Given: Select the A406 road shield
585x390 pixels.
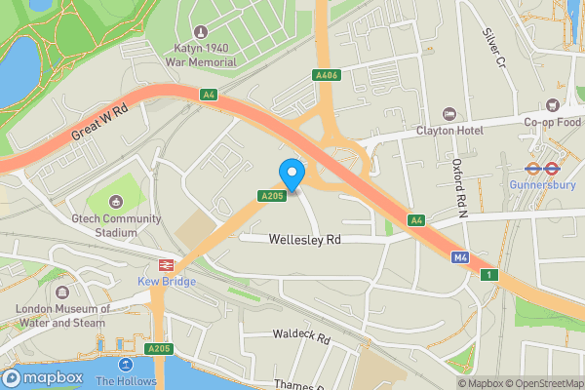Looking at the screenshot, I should coord(326,75).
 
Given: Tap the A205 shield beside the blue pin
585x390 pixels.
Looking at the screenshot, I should coord(271,196).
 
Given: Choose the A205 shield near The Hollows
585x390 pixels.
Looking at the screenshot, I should coord(158,348).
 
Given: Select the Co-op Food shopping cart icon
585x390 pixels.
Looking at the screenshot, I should coord(552,104).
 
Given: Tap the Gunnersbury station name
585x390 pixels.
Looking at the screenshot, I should coord(545,183).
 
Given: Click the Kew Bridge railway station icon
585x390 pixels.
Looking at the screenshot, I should coord(165,264).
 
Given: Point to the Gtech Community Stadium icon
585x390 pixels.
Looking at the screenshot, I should coord(116,202).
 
